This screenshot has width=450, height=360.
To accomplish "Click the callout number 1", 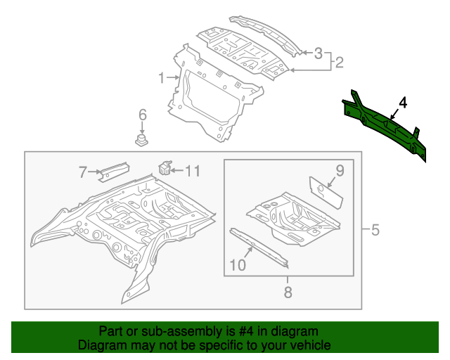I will coord(161,77).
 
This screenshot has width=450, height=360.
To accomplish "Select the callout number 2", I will coord(339,63).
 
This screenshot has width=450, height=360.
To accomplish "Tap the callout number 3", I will coord(318,53).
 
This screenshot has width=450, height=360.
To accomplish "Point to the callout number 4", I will coord(402,103).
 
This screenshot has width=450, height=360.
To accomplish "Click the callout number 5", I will coord(375,229).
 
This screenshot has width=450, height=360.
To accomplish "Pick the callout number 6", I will coord(142,115).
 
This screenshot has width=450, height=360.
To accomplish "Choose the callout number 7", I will coord(83,172).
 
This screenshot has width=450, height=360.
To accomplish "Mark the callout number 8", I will coord(288,292).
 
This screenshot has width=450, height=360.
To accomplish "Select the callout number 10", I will coord(237,264).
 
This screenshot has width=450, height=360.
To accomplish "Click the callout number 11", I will coord(193,170).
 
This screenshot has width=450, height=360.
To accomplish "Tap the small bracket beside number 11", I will coord(167,168).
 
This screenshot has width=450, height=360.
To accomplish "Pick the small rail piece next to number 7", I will coord(113,169).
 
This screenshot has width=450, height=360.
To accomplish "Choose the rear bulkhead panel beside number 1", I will coord(211,98).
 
